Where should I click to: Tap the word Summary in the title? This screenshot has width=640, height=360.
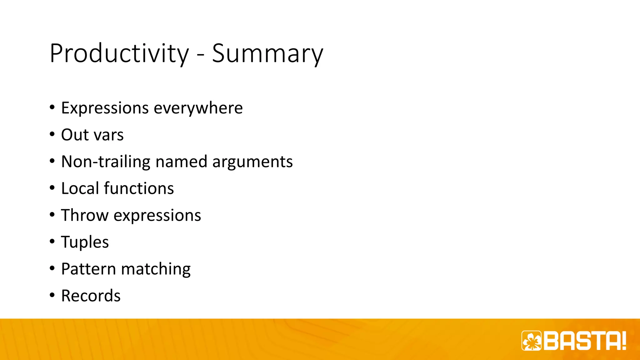267,54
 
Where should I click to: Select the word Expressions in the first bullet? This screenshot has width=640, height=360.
105,108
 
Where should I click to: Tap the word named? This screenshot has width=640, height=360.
181,162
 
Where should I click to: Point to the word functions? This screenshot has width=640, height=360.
139,188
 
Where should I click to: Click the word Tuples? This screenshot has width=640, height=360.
85,242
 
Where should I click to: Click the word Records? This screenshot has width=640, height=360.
91,296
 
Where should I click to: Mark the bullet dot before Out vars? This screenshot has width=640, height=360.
52,135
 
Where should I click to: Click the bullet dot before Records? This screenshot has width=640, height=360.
52,295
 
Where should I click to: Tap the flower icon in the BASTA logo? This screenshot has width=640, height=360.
532,341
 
